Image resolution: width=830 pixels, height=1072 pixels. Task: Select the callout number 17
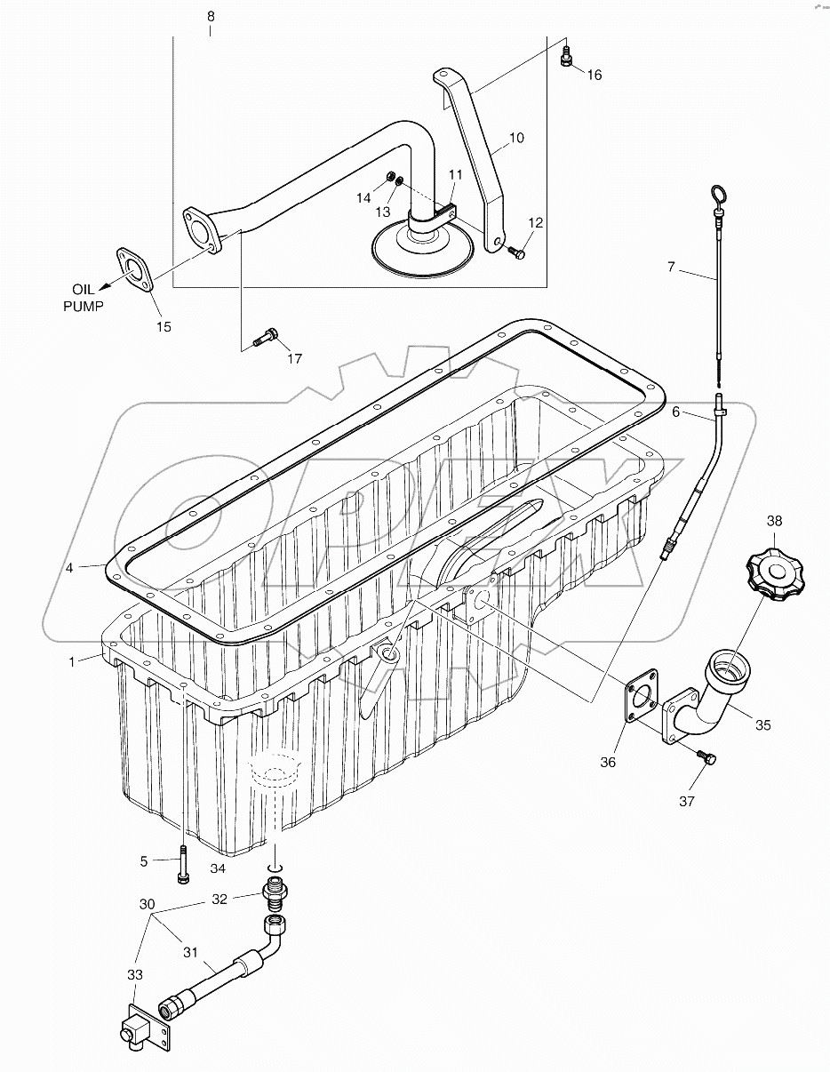tap(293, 359)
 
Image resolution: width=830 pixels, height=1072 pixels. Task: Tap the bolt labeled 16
tap(566, 58)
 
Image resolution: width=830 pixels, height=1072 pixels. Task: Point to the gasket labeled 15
tap(135, 268)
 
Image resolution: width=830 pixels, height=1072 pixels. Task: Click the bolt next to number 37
tap(708, 757)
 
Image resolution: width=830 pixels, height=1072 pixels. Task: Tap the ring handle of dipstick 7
tap(717, 193)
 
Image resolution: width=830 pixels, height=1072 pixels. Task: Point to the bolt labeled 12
tap(517, 253)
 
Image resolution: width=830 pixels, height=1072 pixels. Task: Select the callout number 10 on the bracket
tap(516, 138)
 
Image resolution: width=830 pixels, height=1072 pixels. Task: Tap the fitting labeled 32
tap(272, 890)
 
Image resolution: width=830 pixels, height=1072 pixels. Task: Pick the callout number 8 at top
tap(210, 17)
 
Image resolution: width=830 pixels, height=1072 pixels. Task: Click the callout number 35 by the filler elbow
tap(763, 724)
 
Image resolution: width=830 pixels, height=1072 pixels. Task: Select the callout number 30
tap(147, 904)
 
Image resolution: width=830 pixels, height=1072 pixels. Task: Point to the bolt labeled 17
tap(264, 337)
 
